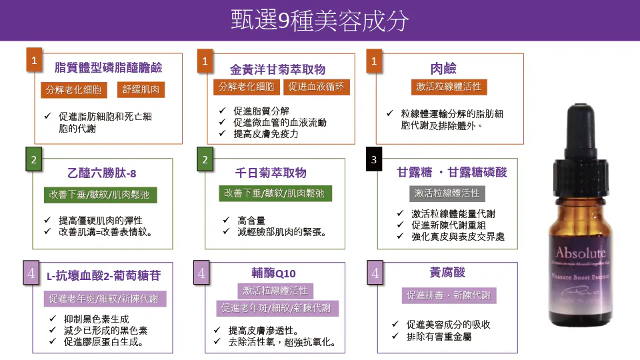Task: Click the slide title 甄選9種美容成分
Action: coord(319,20)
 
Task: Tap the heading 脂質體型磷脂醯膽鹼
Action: coord(108,67)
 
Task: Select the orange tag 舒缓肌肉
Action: coord(141,89)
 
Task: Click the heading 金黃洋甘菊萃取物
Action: coord(277,69)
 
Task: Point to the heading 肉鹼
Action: coord(443,68)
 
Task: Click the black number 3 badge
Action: coord(374,160)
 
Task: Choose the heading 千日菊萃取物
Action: coord(271,173)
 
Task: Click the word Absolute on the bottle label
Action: coord(581,253)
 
